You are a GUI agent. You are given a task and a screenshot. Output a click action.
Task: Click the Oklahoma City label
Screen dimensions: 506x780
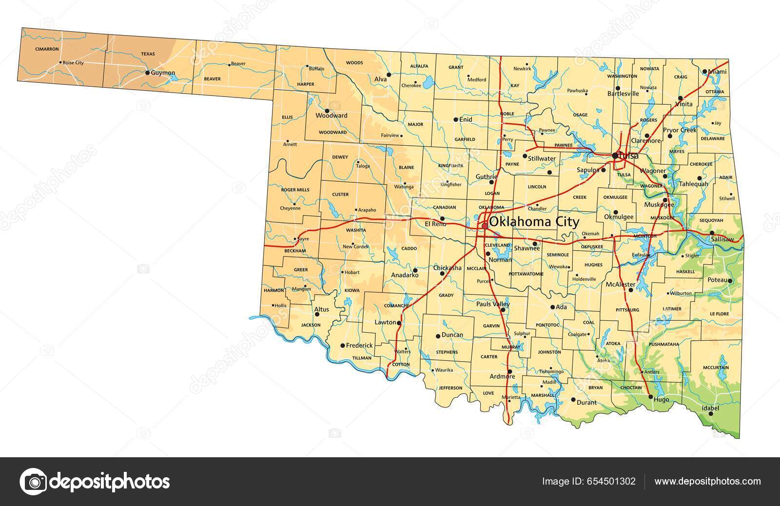tap(534, 222)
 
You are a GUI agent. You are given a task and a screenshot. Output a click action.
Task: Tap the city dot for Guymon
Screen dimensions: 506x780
tap(147, 73)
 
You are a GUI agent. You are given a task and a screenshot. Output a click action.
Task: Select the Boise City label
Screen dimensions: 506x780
tap(73, 62)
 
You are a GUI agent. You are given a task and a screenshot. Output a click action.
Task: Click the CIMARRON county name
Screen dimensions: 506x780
tap(47, 49)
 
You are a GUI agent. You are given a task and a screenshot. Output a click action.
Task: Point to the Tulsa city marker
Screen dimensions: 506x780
tap(615, 156)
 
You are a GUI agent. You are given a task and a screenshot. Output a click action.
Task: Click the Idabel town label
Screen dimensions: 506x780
tap(710, 408)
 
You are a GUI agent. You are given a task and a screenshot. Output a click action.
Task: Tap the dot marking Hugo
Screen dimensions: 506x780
tap(651, 397)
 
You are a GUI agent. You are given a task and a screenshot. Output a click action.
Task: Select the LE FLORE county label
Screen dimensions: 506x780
tap(719, 313)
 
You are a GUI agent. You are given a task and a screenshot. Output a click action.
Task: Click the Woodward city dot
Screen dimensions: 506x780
tap(327, 111)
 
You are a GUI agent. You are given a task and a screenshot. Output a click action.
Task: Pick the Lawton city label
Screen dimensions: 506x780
tap(385, 323)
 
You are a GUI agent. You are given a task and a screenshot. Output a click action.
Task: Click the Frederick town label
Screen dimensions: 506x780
tap(359, 345)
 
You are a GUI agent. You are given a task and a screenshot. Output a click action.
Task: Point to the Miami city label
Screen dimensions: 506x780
tap(717, 72)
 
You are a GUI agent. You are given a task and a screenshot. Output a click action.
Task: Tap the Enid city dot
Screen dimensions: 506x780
tap(455, 119)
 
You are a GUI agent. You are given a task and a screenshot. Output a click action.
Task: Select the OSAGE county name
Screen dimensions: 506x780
tap(580, 115)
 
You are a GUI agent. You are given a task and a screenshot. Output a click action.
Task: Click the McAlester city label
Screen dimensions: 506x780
tap(621, 284)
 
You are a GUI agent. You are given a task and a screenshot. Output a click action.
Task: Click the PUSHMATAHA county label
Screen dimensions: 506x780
tap(664, 344)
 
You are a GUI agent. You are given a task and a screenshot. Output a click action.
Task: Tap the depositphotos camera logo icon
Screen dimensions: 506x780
tap(33, 482)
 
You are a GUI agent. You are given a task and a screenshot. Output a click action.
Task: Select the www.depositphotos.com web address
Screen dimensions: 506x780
tap(707, 482)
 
